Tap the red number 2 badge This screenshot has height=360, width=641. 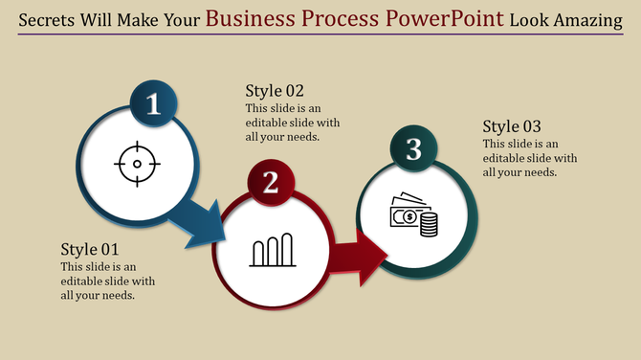pyautogui.click(x=271, y=182)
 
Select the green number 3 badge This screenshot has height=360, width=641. pyautogui.click(x=413, y=148)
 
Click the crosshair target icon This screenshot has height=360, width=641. pyautogui.click(x=136, y=164)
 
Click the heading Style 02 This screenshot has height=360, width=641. pyautogui.click(x=275, y=91)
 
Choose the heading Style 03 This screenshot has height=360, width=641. pyautogui.click(x=512, y=126)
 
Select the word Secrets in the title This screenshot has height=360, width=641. pyautogui.click(x=49, y=19)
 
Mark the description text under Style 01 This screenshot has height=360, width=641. pyautogui.click(x=107, y=281)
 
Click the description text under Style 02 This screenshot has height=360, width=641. pyautogui.click(x=293, y=123)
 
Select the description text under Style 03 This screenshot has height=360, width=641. pyautogui.click(x=530, y=158)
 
